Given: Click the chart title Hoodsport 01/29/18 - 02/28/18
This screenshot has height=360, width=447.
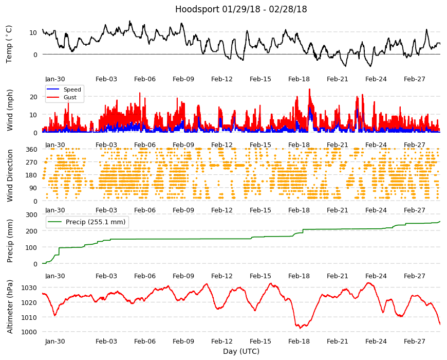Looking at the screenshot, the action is point(241,9).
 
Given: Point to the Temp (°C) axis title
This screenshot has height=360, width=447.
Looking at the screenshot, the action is point(9,44).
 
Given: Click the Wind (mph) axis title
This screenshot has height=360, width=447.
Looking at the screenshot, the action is point(10,111).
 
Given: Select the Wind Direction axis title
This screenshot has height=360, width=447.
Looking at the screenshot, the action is point(10,176).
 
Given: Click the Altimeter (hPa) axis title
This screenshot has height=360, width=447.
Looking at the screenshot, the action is point(10,307).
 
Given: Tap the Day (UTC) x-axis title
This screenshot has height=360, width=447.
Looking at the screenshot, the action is point(241,351).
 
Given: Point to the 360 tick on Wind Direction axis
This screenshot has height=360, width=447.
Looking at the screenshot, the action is point(31,150).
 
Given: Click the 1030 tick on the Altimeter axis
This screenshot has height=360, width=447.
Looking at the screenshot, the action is point(29,287).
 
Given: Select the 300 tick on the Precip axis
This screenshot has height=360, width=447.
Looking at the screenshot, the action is point(31,214).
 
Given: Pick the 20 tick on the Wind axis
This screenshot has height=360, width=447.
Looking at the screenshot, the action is point(33,97).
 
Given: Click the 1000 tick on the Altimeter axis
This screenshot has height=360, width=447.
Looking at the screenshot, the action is point(29,332).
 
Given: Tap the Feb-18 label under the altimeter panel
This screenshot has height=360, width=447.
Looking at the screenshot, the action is point(299,341).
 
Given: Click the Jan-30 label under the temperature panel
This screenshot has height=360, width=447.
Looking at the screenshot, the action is point(55,79).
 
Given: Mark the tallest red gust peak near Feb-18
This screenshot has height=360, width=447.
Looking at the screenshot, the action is point(309,89).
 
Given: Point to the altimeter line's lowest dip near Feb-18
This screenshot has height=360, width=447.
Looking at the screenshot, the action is point(300,328).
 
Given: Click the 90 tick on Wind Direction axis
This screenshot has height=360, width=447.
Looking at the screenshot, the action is point(33,188).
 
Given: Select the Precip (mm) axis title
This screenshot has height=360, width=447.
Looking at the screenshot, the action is point(10,241).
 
